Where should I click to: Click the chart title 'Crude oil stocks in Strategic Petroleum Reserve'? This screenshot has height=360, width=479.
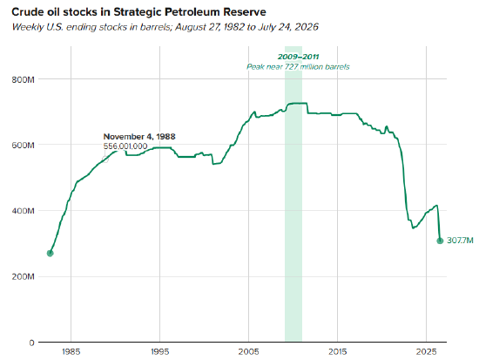[x=138, y=12]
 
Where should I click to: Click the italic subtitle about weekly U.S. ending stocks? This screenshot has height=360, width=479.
[x=165, y=27]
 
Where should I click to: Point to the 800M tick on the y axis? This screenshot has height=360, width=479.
[x=24, y=79]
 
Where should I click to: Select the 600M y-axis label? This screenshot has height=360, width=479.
[x=24, y=145]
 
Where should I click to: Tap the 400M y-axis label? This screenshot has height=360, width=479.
[x=24, y=211]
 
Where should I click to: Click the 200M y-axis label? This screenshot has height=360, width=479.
[x=24, y=277]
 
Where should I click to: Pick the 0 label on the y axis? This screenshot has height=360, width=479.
[x=31, y=343]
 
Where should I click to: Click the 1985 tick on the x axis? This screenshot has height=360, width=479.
[x=71, y=352]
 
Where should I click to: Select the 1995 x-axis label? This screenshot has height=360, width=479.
[x=159, y=352]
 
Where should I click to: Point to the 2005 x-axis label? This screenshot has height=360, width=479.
[x=249, y=352]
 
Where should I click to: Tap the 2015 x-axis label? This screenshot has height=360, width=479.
[x=338, y=352]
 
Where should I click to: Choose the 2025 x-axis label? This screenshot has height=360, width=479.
[x=427, y=352]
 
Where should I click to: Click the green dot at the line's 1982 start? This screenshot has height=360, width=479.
[x=51, y=254]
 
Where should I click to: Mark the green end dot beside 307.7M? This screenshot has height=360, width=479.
[x=440, y=241]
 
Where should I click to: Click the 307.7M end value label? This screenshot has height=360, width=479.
[x=460, y=241]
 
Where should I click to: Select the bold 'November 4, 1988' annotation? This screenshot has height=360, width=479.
[x=139, y=136]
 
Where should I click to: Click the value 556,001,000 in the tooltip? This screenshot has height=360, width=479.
[x=125, y=146]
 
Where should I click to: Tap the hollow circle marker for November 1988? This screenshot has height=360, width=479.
[x=105, y=160]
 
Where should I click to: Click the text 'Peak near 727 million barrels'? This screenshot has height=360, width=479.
[x=298, y=66]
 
